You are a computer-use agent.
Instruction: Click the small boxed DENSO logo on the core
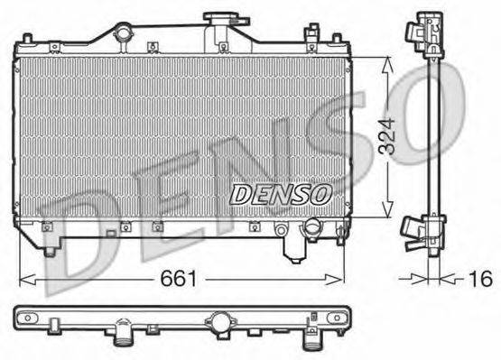point(282,192)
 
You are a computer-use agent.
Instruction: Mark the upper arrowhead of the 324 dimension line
point(387,61)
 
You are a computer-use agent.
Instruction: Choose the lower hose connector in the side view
point(421,233)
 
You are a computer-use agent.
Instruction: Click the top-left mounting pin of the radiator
point(29,39)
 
